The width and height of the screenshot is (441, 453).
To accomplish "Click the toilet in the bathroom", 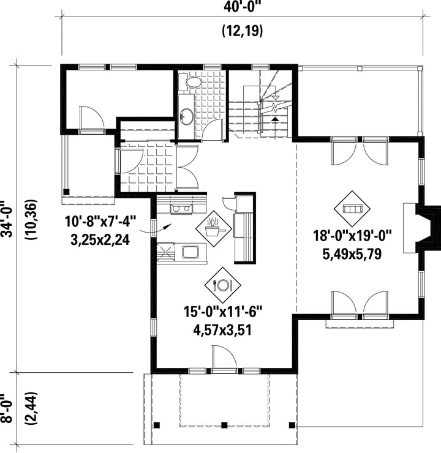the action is [190, 81].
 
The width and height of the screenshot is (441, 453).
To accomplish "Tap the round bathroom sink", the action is [186, 117].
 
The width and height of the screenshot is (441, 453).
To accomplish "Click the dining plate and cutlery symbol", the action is [222, 285].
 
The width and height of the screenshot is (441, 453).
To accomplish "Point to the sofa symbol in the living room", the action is [352, 209].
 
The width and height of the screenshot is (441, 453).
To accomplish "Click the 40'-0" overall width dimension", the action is [241, 7].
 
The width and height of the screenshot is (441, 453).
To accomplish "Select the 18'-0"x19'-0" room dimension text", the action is [352, 236].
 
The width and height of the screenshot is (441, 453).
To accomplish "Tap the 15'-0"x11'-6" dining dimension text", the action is [223, 312].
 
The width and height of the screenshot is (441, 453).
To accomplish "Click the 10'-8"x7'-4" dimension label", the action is [100, 222].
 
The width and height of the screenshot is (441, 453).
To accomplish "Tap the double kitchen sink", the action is [181, 209].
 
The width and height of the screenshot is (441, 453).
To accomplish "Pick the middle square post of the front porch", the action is [224, 425].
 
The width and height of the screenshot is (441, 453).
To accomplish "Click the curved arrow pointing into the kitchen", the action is [156, 229].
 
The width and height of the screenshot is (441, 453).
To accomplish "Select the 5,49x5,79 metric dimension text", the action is [352, 254].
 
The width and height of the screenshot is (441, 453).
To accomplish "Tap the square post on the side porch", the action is [67, 192].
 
